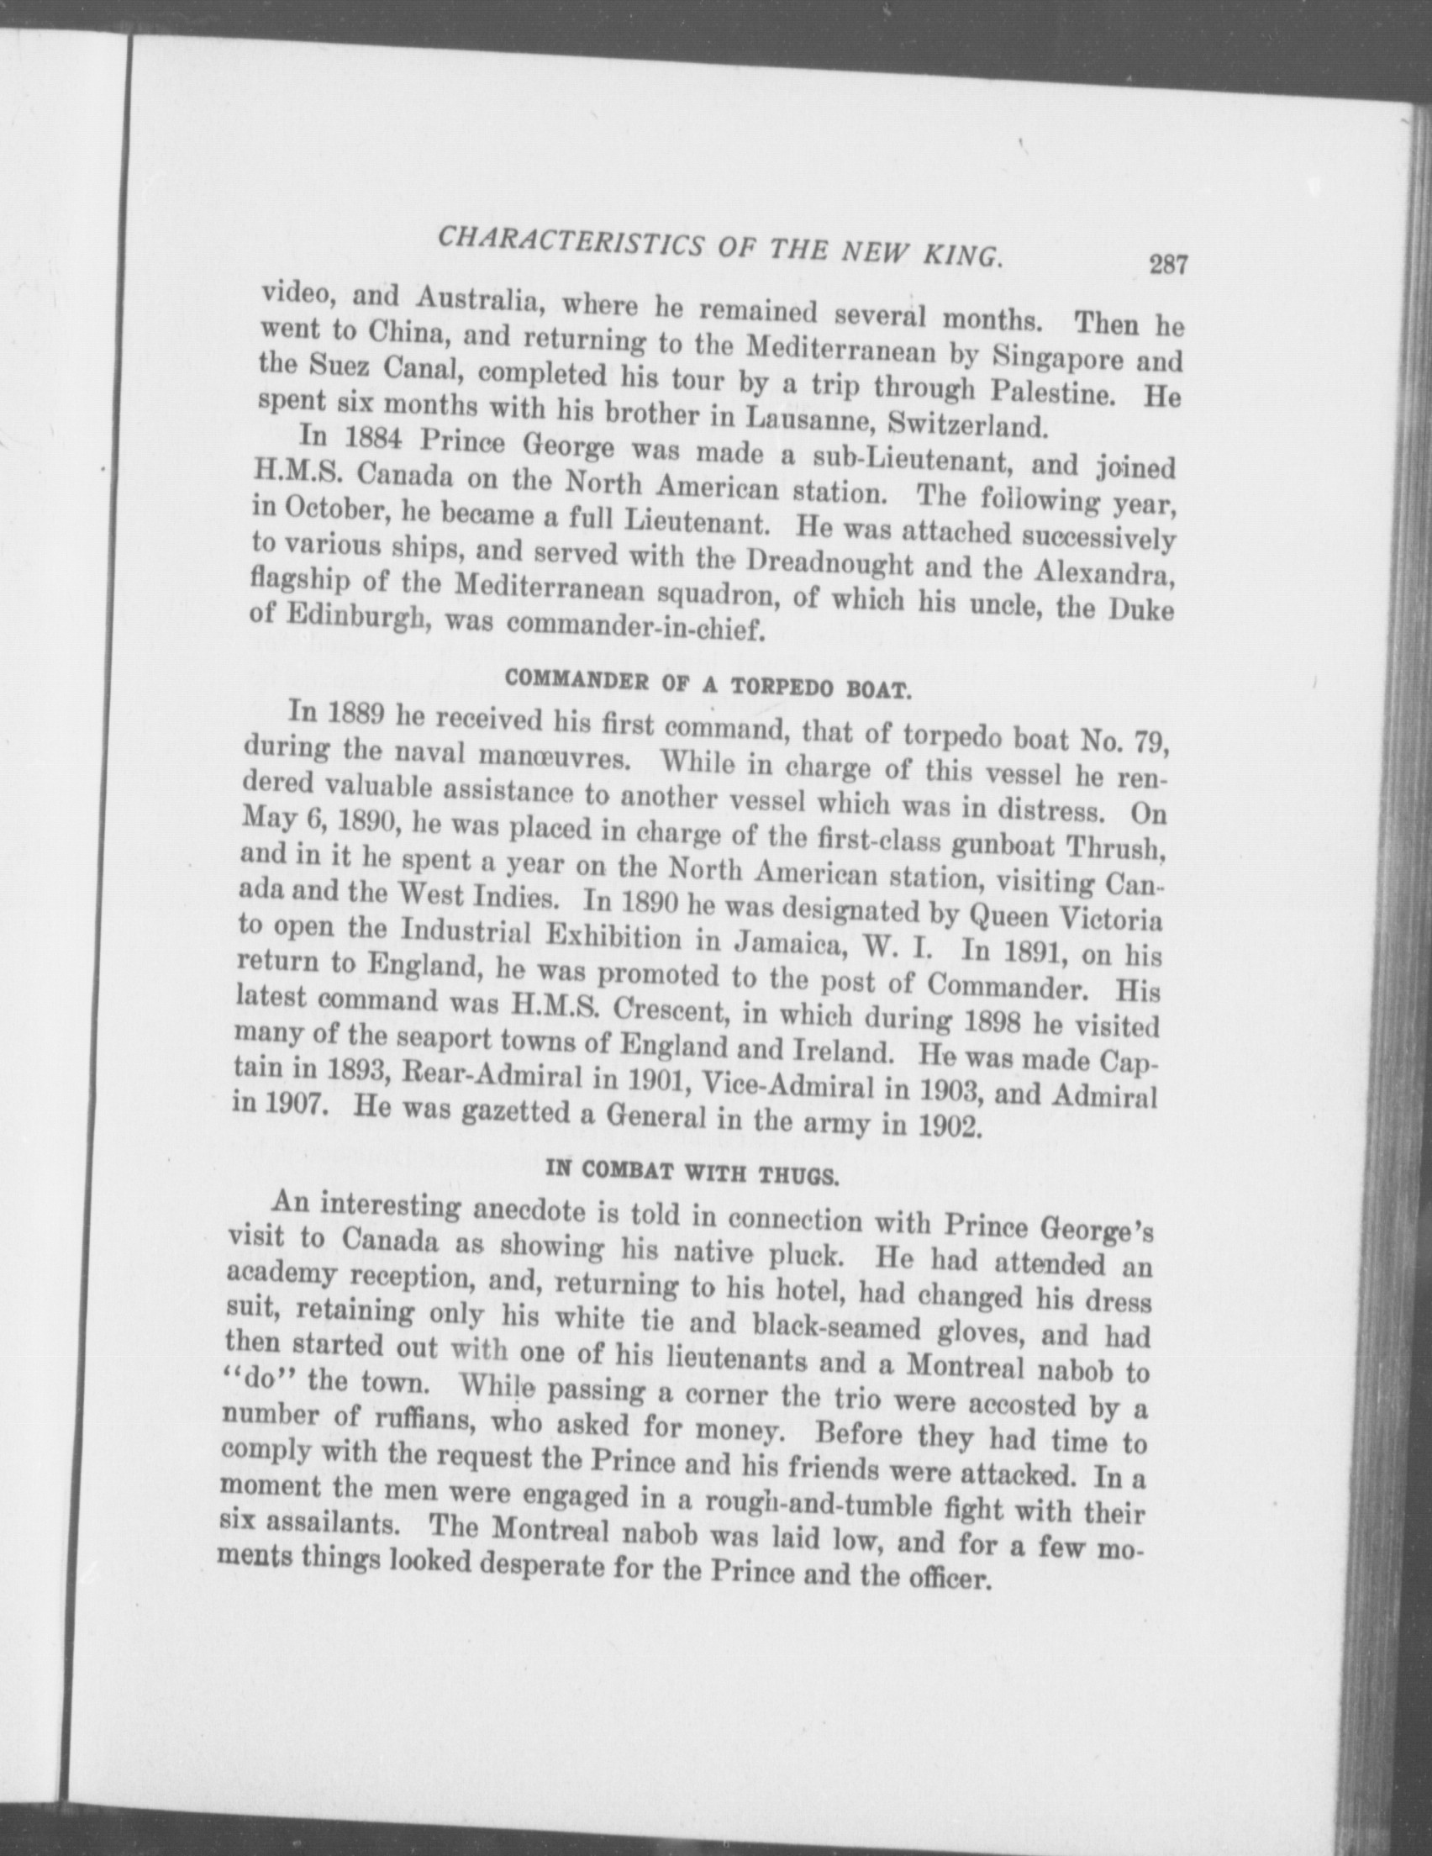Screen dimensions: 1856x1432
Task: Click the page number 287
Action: (x=1167, y=264)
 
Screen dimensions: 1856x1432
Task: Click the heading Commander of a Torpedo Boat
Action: (x=707, y=684)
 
